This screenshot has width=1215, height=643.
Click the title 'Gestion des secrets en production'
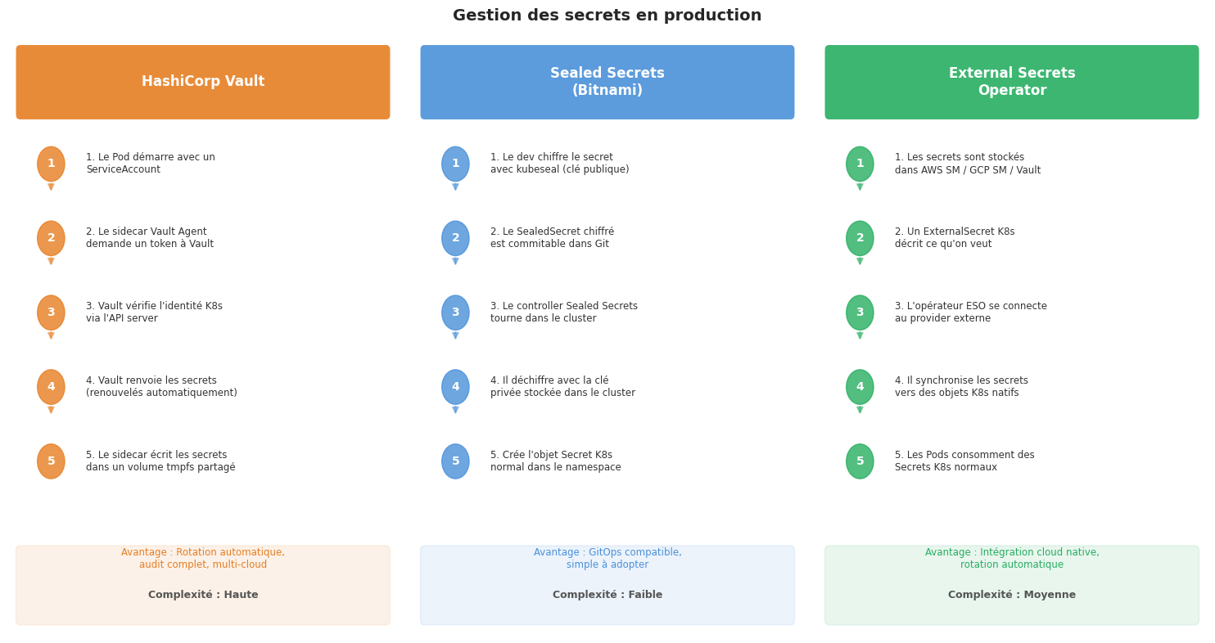[607, 16]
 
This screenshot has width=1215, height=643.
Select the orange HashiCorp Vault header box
[203, 82]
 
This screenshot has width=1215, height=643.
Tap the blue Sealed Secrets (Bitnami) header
[607, 82]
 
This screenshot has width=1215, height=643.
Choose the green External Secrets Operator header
[1012, 82]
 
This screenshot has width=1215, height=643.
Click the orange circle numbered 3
[51, 313]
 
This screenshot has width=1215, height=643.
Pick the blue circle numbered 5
[455, 461]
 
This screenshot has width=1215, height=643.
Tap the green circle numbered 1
[860, 164]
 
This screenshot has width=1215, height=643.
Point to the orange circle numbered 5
[51, 461]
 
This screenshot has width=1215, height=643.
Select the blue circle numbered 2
[455, 238]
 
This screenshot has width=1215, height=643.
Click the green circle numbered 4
[860, 387]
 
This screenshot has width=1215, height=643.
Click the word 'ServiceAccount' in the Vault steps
[123, 169]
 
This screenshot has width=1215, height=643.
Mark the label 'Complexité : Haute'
[203, 595]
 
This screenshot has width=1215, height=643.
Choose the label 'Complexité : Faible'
[607, 595]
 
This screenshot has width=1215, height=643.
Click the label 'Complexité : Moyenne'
[1012, 595]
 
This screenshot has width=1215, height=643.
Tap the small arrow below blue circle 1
[455, 187]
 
